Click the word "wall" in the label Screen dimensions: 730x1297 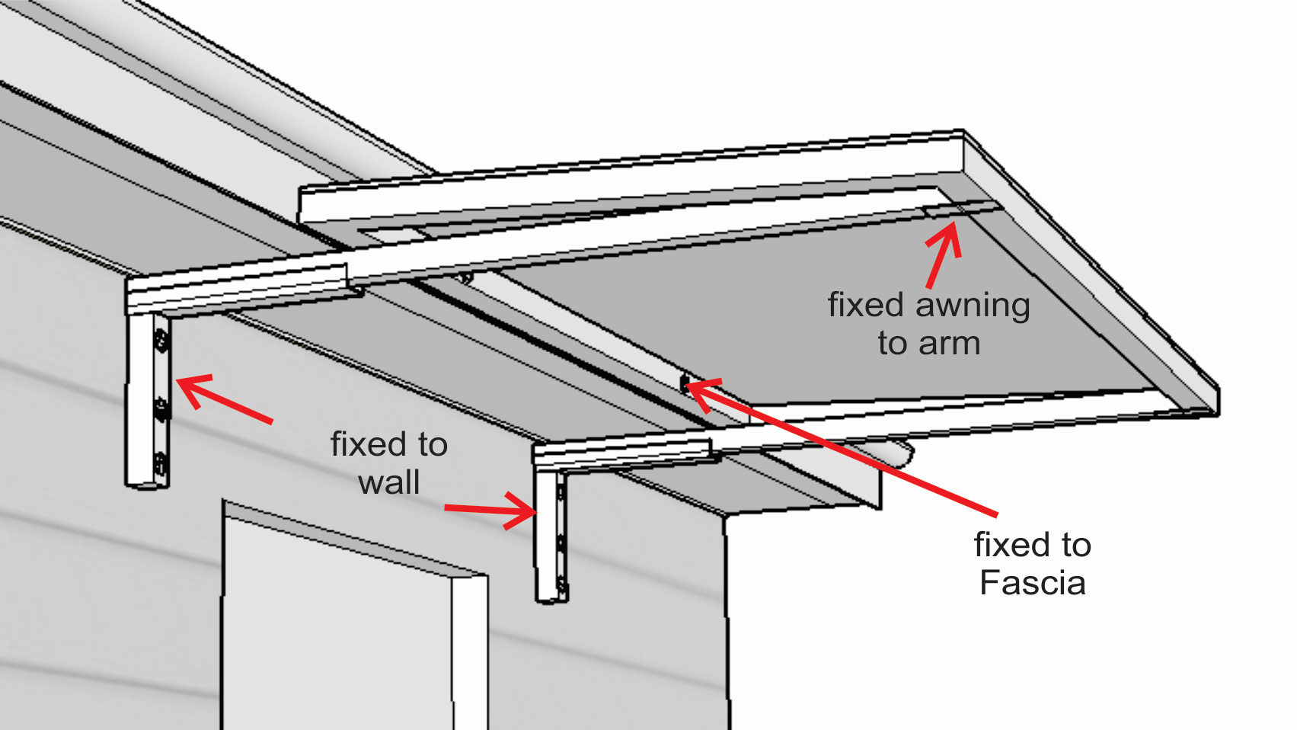tap(388, 482)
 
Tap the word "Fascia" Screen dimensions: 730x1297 tap(1032, 583)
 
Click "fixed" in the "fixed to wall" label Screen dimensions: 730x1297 tap(363, 444)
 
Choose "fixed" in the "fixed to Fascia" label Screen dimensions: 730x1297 tap(1007, 545)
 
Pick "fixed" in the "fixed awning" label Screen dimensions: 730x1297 tap(866, 305)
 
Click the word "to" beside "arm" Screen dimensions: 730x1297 tap(893, 344)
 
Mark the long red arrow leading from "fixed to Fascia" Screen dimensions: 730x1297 tap(838, 447)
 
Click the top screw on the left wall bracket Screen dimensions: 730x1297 tap(161, 342)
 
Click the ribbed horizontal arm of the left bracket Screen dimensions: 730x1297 tap(236, 283)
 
